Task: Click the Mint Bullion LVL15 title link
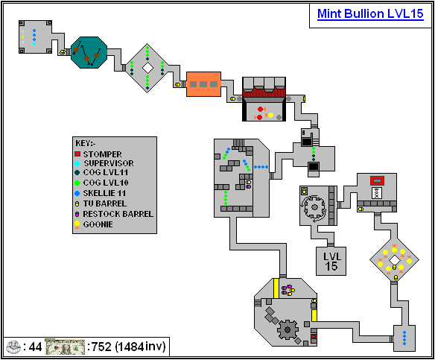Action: pos(370,14)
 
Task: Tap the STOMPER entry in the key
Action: pos(102,154)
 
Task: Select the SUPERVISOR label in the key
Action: pos(109,163)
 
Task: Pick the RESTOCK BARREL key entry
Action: pos(118,214)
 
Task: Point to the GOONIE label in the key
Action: pos(98,224)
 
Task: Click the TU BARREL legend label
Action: pos(105,203)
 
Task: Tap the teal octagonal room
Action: pos(89,52)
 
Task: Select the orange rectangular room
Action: pos(203,84)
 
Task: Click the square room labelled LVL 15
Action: pos(331,261)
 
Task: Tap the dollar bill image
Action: pos(65,347)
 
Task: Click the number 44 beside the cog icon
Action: pos(35,347)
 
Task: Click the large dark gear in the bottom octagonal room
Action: pos(288,329)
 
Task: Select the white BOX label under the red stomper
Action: pos(376,193)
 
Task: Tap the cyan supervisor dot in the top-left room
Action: pos(34,44)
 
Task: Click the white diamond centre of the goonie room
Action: pos(394,260)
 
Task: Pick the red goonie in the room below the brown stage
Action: pos(260,109)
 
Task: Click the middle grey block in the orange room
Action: pos(203,84)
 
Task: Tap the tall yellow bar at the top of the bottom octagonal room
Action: pos(276,288)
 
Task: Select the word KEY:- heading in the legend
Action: pos(86,143)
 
